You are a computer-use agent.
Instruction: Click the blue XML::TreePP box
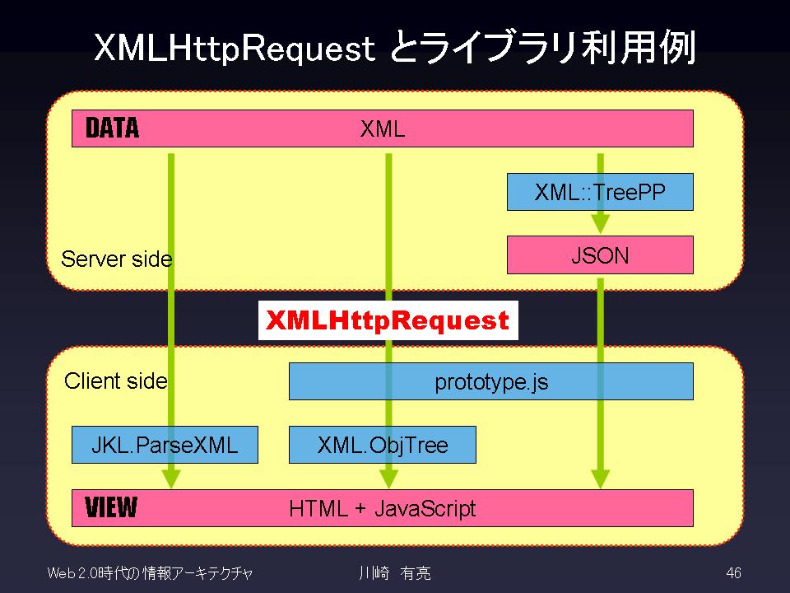pyautogui.click(x=600, y=192)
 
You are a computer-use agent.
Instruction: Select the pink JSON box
pyautogui.click(x=600, y=254)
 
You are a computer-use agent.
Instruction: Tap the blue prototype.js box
pyautogui.click(x=491, y=381)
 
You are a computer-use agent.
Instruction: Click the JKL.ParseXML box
pyautogui.click(x=165, y=445)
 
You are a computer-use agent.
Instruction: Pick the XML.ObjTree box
pyautogui.click(x=383, y=445)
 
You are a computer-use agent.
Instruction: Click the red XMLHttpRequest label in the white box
pyautogui.click(x=388, y=320)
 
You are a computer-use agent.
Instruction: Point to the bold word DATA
pyautogui.click(x=112, y=128)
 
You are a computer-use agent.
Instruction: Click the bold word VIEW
pyautogui.click(x=111, y=507)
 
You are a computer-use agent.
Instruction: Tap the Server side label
pyautogui.click(x=117, y=259)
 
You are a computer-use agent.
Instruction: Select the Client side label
pyautogui.click(x=116, y=381)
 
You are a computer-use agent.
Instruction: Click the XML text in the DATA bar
pyautogui.click(x=383, y=129)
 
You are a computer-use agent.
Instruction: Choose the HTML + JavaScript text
pyautogui.click(x=383, y=508)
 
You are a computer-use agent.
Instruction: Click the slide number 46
pyautogui.click(x=733, y=573)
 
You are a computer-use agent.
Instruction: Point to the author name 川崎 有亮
pyautogui.click(x=394, y=573)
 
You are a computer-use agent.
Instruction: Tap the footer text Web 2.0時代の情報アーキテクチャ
pyautogui.click(x=150, y=573)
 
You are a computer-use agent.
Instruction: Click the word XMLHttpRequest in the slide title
pyautogui.click(x=235, y=49)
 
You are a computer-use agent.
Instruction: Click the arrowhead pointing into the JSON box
pyautogui.click(x=600, y=224)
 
